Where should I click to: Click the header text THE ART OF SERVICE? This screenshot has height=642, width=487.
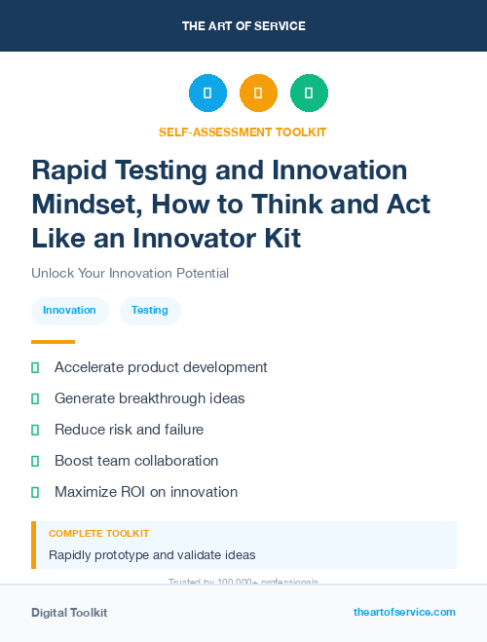243,26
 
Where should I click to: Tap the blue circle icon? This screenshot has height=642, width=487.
207,94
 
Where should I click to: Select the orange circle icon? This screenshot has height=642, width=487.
258,94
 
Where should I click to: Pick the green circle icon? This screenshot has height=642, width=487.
309,94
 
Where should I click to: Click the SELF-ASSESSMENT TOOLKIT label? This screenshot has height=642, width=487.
243,132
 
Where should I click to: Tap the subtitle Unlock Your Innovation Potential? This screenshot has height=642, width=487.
130,274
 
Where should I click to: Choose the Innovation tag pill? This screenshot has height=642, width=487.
69,311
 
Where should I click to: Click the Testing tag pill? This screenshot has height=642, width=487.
150,311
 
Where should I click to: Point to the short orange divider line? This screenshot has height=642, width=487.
53,342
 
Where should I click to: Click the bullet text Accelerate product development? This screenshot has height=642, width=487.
161,367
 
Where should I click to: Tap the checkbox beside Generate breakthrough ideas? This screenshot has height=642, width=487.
35,398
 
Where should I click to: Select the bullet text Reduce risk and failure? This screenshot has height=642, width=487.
129,430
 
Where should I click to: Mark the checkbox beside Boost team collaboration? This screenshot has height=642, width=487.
35,461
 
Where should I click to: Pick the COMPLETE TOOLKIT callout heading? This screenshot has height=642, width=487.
98,534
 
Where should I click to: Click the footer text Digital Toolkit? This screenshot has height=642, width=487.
69,613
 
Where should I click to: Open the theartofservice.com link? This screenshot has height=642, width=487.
404,612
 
